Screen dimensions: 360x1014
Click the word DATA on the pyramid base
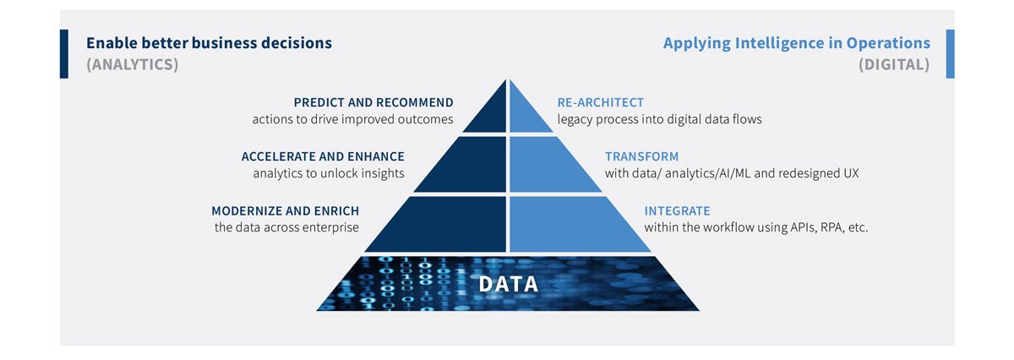pyautogui.click(x=508, y=284)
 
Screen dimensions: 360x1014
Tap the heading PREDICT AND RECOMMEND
pyautogui.click(x=373, y=102)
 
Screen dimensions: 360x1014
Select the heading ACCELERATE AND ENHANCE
pyautogui.click(x=323, y=156)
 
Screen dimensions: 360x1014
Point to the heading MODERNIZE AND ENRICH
pyautogui.click(x=285, y=210)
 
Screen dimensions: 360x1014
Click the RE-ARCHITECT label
pyautogui.click(x=601, y=102)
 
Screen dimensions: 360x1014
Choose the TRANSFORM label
pyautogui.click(x=642, y=156)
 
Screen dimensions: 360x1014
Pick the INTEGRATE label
pyautogui.click(x=677, y=210)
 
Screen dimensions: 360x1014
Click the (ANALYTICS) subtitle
pyautogui.click(x=132, y=64)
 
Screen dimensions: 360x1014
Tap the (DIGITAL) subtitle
pyautogui.click(x=894, y=64)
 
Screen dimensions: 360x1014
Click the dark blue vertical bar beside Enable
pyautogui.click(x=64, y=54)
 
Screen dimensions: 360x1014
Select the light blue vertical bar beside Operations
pyautogui.click(x=950, y=54)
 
